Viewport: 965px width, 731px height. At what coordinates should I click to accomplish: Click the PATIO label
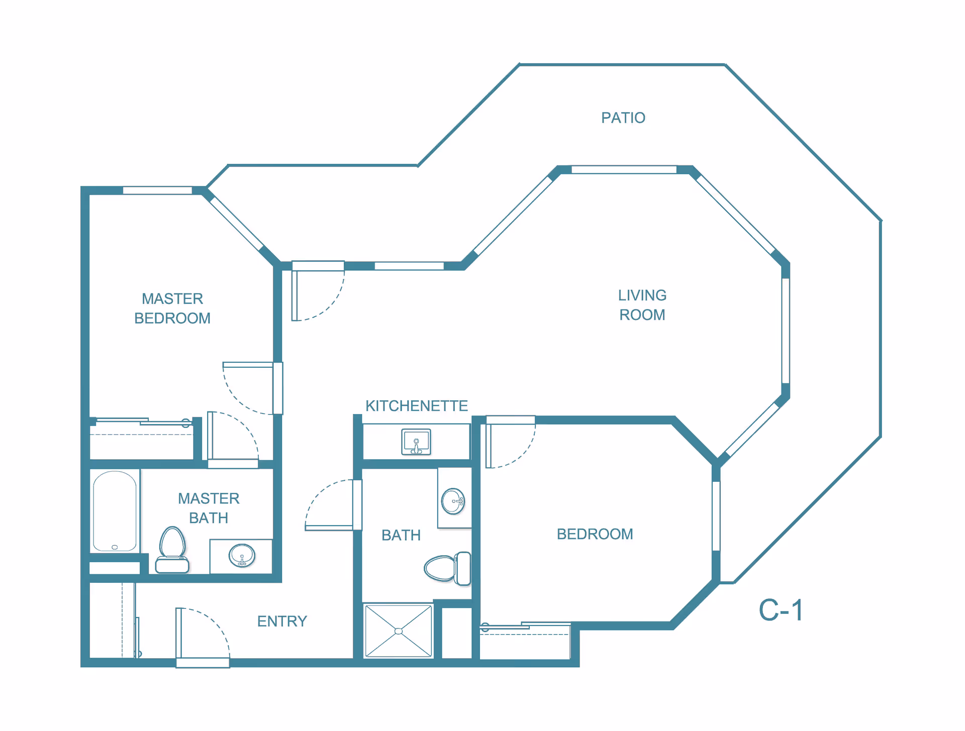click(x=623, y=118)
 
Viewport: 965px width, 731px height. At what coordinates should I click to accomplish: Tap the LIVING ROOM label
click(x=642, y=305)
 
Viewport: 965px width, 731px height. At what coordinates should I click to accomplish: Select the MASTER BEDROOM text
click(x=172, y=308)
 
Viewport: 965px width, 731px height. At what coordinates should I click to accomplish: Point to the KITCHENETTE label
click(x=417, y=405)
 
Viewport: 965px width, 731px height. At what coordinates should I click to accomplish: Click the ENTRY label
click(x=282, y=621)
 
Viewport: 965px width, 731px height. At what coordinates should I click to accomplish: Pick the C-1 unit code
click(x=781, y=610)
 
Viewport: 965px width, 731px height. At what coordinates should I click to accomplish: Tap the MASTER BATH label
click(x=209, y=508)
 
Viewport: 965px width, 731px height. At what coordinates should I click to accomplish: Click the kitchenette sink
click(x=416, y=442)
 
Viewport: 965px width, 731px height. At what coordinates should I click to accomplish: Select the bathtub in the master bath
click(x=115, y=511)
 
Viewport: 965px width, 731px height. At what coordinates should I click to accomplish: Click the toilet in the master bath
click(x=172, y=550)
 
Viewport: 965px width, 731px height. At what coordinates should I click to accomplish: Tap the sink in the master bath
click(x=242, y=556)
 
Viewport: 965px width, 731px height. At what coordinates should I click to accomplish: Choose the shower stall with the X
click(x=399, y=631)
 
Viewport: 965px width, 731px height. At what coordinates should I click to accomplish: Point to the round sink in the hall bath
click(x=453, y=501)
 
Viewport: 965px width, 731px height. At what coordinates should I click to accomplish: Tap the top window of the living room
click(x=624, y=170)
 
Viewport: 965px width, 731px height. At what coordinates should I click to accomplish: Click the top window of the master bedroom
click(x=157, y=190)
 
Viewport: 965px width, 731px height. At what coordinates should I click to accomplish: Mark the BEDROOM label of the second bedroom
click(x=595, y=534)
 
